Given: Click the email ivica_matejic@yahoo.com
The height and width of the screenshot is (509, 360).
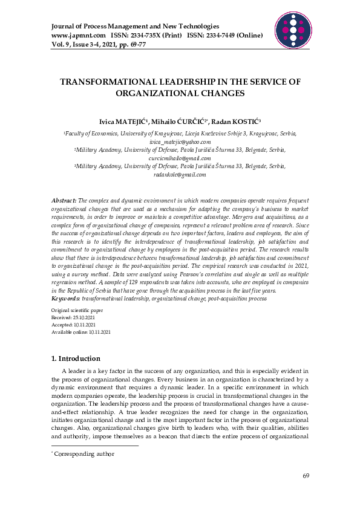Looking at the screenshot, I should click(180, 140).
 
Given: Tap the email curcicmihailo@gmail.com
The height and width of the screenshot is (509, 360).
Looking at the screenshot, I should click(180, 158).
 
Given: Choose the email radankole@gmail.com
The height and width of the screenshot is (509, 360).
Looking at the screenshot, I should click(180, 175).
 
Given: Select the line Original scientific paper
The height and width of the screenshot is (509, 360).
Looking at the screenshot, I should click(77, 310).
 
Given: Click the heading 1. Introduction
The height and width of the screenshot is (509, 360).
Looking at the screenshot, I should click(76, 358).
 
